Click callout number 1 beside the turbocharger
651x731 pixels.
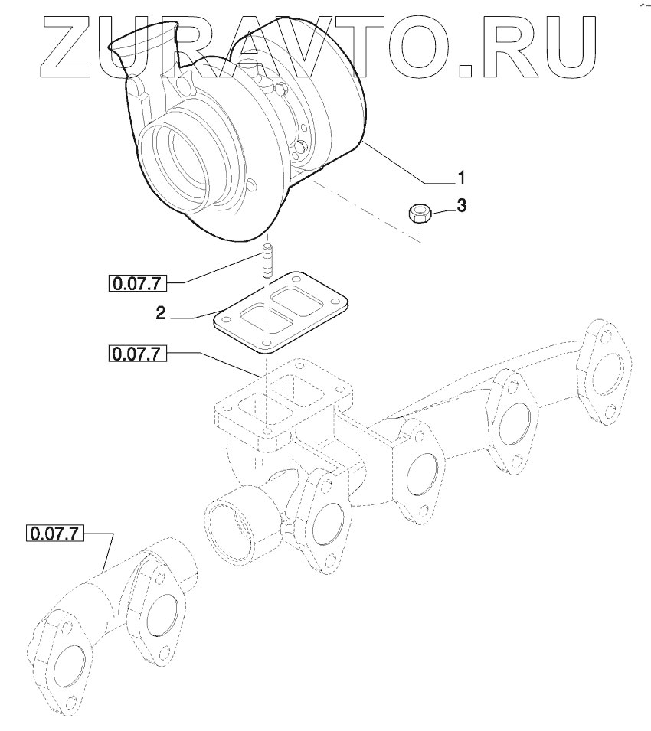pyautogui.click(x=461, y=178)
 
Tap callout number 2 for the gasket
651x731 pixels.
pyautogui.click(x=160, y=313)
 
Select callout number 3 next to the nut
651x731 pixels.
pyautogui.click(x=461, y=205)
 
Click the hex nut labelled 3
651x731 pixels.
pyautogui.click(x=420, y=213)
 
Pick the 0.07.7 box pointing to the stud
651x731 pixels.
pyautogui.click(x=137, y=283)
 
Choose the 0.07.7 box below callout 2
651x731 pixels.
pyautogui.click(x=137, y=354)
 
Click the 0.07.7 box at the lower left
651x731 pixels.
pyautogui.click(x=54, y=534)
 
